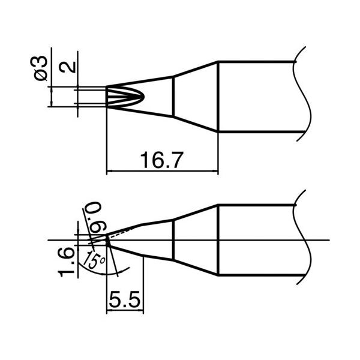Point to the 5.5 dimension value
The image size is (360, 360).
pos(125,298)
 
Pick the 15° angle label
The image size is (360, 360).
pos(94,262)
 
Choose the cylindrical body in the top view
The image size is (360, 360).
pos(258,96)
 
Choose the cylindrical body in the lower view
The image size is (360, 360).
pos(258,240)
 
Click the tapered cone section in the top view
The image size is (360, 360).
pos(195,96)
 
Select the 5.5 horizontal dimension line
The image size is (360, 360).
pos(125,311)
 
